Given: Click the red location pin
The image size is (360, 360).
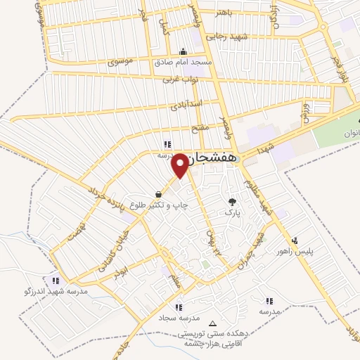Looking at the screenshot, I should coord(181,164).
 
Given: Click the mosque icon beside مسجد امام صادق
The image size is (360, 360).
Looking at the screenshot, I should coord(184,51).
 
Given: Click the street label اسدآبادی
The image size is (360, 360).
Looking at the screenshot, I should coord(185,107).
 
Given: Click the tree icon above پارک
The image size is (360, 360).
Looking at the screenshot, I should coord(230,202).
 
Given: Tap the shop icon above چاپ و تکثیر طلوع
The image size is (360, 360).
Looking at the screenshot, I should coord(160,195).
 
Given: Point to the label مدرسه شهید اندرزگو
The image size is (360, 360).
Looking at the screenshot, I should coord(46,290).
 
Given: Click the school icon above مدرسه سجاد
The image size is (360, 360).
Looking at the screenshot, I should coord(179,307).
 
